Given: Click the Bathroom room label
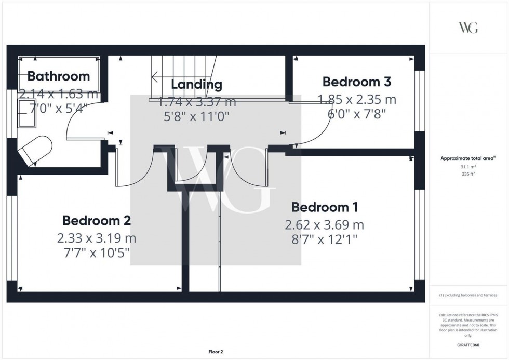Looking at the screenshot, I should pyautogui.click(x=58, y=76).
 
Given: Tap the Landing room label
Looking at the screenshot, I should pyautogui.click(x=196, y=85).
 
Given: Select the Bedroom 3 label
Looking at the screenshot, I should pyautogui.click(x=356, y=82).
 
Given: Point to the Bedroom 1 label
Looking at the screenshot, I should pyautogui.click(x=324, y=207).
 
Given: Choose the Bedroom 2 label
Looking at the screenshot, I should pyautogui.click(x=96, y=221).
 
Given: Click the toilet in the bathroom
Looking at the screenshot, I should pyautogui.click(x=34, y=150).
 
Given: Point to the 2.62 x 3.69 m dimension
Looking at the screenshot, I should pyautogui.click(x=324, y=225).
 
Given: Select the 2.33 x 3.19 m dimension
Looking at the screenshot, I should pyautogui.click(x=96, y=238).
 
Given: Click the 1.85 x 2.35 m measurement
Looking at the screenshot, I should pyautogui.click(x=356, y=99).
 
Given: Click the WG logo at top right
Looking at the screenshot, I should pyautogui.click(x=468, y=28).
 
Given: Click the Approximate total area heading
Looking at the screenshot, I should pyautogui.click(x=468, y=158).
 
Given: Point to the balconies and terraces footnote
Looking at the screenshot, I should pyautogui.click(x=468, y=295).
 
